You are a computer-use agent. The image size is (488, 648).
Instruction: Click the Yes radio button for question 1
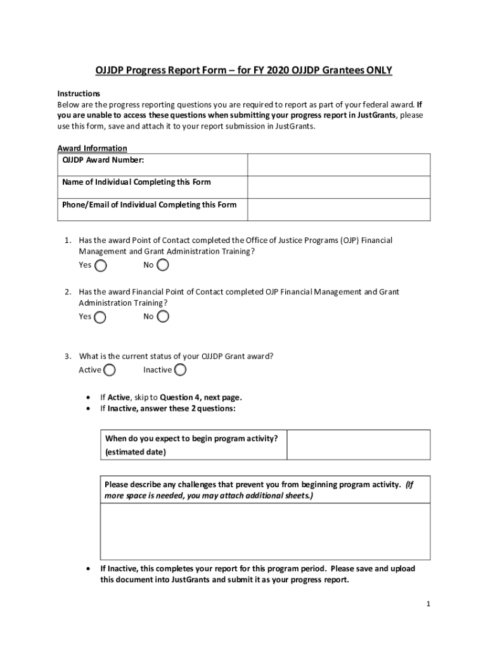click(100, 266)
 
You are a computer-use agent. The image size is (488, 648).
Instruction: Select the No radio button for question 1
click(163, 265)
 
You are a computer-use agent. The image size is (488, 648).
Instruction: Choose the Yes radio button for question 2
click(100, 317)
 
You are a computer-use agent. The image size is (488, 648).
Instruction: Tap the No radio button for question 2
click(163, 316)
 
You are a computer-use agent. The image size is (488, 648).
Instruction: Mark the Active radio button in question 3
click(110, 370)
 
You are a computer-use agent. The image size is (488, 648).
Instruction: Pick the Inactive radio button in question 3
click(180, 370)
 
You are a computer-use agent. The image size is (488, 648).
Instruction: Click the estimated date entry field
click(358, 445)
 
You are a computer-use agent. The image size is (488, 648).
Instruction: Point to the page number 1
click(428, 604)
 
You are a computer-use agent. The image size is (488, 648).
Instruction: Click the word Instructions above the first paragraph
click(79, 93)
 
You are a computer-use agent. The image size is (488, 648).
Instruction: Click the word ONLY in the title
click(376, 70)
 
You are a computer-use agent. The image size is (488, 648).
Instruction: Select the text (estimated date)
click(136, 452)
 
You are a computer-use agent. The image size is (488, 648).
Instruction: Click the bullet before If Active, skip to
click(87, 398)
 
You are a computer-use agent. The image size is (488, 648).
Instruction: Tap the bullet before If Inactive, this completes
click(87, 569)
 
